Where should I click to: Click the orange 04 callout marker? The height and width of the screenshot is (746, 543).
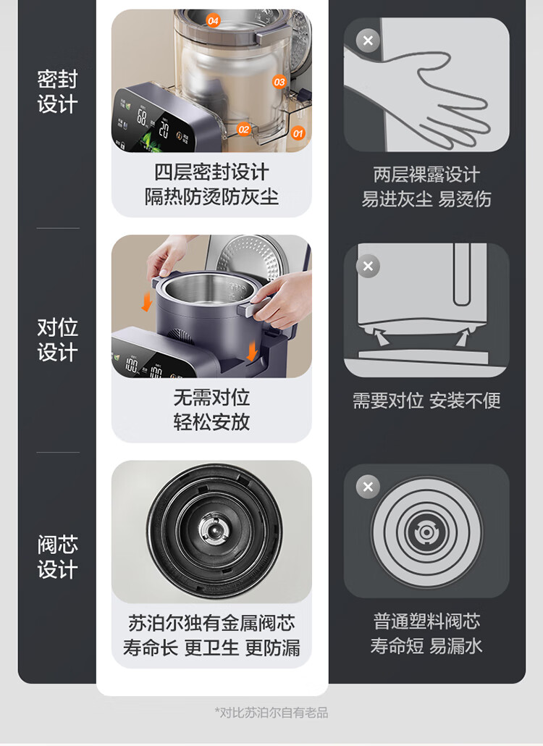[x=213, y=21]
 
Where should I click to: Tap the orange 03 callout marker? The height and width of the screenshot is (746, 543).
[x=279, y=82]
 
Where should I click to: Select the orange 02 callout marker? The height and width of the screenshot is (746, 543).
[x=243, y=130]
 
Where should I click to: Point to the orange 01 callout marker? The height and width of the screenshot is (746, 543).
[x=298, y=134]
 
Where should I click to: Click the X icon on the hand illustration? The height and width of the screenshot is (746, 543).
[x=368, y=41]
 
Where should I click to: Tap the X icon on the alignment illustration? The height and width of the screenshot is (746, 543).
[x=368, y=266]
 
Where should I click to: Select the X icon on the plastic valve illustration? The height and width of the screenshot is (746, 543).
[x=368, y=487]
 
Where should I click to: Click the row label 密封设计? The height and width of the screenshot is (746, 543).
[x=57, y=92]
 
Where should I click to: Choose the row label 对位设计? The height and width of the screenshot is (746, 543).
[x=57, y=340]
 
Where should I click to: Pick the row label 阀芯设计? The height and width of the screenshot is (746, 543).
[x=57, y=557]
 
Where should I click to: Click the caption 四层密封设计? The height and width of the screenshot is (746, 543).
[x=211, y=172]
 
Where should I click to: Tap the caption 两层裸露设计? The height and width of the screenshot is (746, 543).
[x=426, y=175]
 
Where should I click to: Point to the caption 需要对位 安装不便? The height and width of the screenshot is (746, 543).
[x=426, y=401]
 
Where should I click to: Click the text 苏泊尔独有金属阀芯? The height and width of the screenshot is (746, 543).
[x=211, y=623]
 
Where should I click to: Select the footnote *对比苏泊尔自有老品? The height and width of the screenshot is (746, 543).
[x=271, y=712]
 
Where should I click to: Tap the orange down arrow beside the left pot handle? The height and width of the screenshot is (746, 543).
[x=148, y=301]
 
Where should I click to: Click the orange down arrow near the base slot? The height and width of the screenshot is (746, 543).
[x=251, y=351]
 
